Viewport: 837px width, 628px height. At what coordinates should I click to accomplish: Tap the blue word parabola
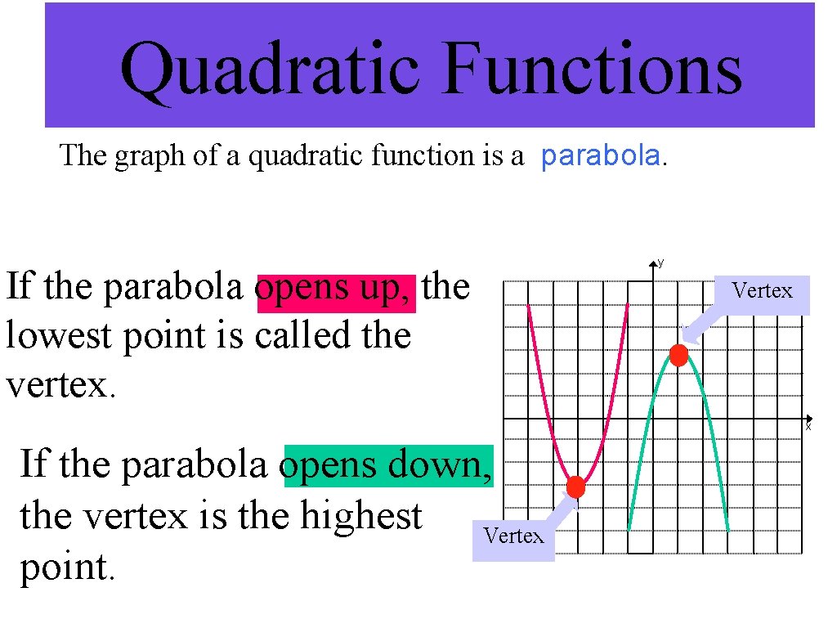click(x=601, y=155)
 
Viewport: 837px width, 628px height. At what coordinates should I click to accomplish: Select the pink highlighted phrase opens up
click(x=335, y=288)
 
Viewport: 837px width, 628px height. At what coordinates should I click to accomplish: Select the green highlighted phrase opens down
click(x=388, y=464)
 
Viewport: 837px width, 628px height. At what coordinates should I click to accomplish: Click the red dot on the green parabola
click(x=678, y=355)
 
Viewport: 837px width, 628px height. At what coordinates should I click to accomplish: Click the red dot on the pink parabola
click(x=575, y=487)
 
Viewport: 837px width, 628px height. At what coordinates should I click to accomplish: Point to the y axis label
click(x=660, y=262)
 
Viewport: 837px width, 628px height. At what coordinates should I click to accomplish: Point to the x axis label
click(x=808, y=426)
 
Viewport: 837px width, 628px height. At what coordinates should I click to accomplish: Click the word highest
click(x=360, y=516)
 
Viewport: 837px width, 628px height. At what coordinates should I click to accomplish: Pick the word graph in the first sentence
click(x=150, y=155)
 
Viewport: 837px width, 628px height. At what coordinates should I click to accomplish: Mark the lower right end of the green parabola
click(x=727, y=530)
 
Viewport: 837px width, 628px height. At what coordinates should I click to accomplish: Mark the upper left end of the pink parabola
click(x=529, y=307)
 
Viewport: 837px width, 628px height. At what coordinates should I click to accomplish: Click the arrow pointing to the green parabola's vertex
click(x=695, y=331)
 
